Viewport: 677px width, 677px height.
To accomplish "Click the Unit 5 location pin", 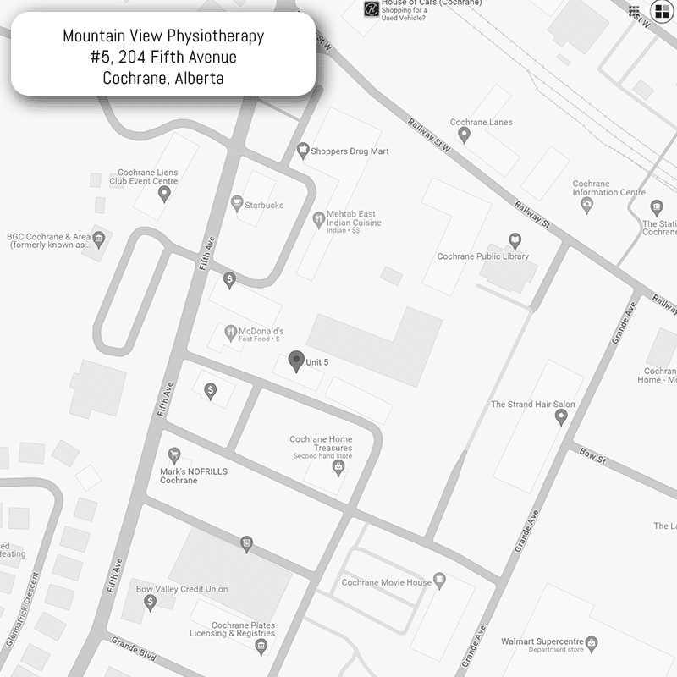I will click(x=295, y=361).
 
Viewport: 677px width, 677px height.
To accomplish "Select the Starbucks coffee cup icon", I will click(x=236, y=203).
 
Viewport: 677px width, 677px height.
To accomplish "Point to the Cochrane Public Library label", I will click(x=482, y=256).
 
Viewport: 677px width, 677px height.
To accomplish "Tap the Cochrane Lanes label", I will click(x=481, y=123).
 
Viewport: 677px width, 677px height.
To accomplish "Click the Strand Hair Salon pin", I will click(x=560, y=417).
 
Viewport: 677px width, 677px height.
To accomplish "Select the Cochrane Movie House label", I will click(x=386, y=582).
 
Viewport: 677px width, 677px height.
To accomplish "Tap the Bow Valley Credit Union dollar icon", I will click(x=151, y=602).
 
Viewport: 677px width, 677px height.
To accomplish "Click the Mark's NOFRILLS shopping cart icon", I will click(x=174, y=455).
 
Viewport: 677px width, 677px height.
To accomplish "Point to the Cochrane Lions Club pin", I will click(x=164, y=194).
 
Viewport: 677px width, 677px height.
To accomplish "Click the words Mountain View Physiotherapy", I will click(x=163, y=36).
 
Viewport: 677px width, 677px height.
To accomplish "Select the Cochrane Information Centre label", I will click(x=608, y=188).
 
